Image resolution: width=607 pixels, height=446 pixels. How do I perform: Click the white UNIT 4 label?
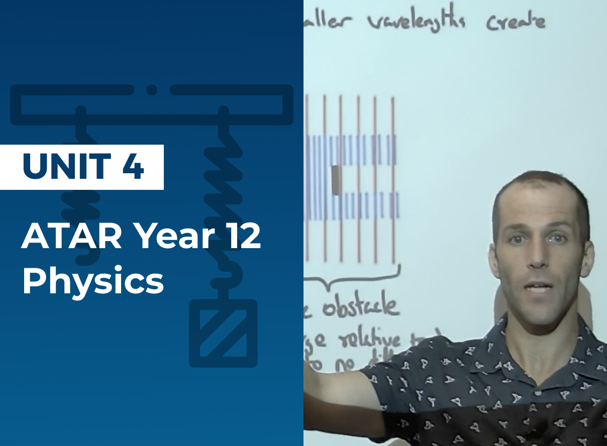(x=82, y=167)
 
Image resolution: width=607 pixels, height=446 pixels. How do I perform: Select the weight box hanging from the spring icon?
(x=223, y=333)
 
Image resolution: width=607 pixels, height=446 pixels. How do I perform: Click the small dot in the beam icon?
(x=152, y=90)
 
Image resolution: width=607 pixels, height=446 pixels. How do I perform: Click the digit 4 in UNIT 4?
(x=133, y=167)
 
